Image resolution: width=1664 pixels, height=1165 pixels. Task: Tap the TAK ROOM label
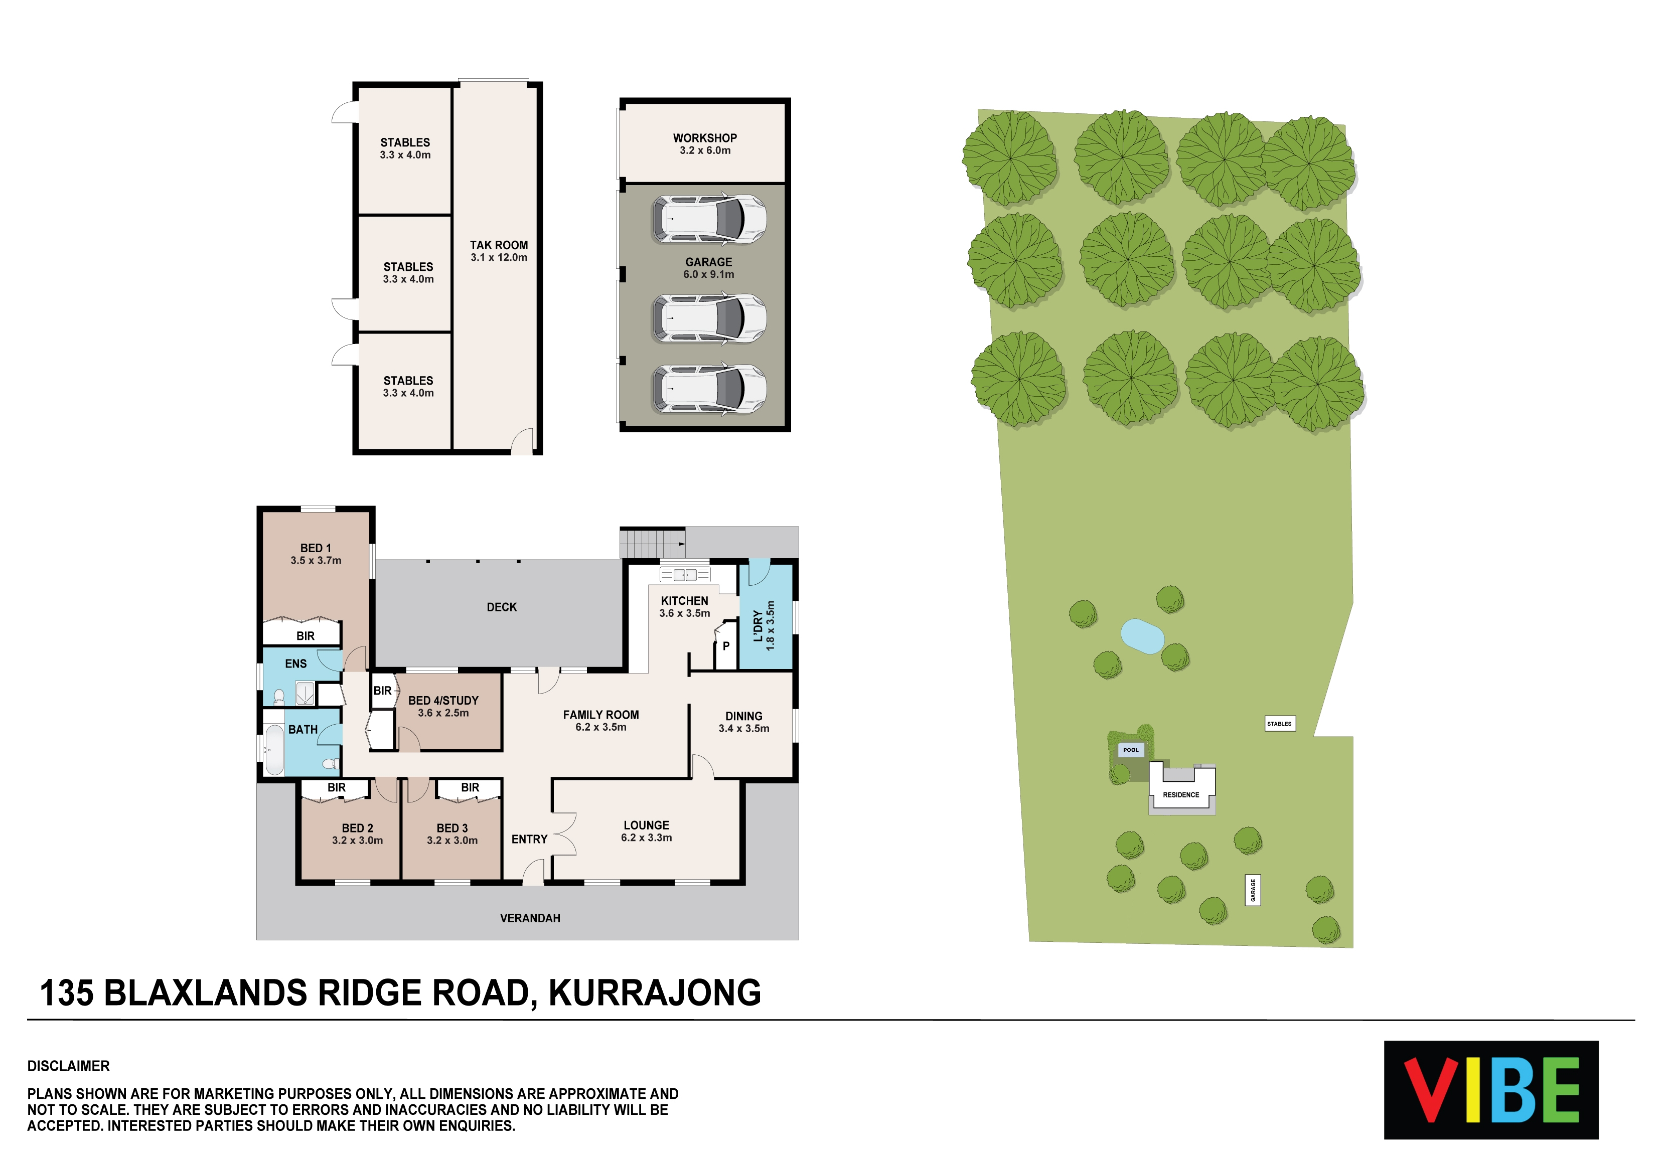[499, 245]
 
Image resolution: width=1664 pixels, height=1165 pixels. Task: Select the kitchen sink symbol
[685, 575]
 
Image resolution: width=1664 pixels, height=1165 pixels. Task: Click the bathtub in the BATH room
[274, 749]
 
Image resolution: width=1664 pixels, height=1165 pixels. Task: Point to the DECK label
[502, 607]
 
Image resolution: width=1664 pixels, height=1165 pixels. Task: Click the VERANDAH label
[530, 918]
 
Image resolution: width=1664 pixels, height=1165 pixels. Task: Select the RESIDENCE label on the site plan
[1180, 795]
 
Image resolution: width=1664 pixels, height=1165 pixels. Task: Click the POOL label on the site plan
[1131, 750]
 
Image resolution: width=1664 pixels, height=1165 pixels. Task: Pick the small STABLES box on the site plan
[1280, 723]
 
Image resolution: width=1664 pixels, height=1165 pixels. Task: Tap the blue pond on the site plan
[1142, 636]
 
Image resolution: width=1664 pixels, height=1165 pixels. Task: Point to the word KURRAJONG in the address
[655, 992]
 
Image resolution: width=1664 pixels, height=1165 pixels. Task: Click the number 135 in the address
[67, 992]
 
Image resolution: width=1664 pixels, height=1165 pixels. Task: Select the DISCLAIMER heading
[68, 1066]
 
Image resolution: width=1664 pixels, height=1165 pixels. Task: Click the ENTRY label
[529, 839]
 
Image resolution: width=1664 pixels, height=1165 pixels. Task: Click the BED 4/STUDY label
[443, 701]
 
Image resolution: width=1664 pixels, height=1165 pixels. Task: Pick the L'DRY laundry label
[758, 626]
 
